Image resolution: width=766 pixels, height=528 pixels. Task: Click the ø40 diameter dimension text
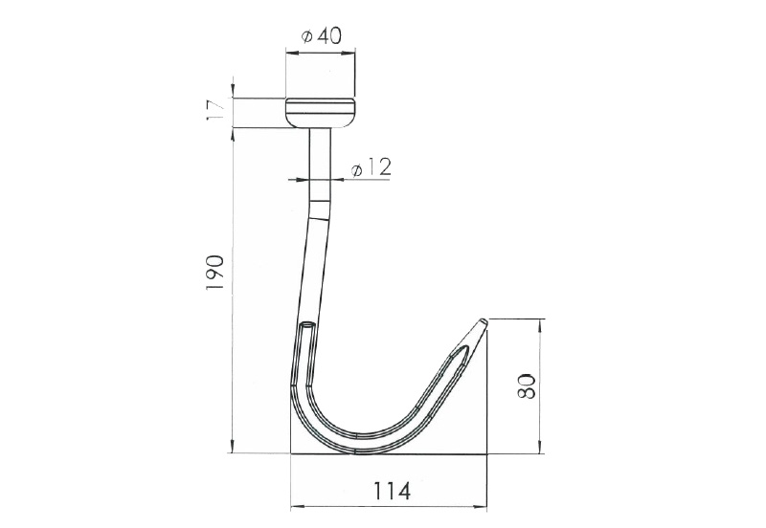(322, 36)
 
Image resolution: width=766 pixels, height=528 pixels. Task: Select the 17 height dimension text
(215, 110)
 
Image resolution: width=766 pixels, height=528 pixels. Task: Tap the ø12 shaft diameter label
(372, 167)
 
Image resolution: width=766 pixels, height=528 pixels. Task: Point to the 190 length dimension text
(214, 273)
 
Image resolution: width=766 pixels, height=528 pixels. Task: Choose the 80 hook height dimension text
(526, 386)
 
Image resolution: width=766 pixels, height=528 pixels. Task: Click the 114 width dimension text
(393, 491)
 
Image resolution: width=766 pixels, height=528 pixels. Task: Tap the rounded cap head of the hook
(321, 113)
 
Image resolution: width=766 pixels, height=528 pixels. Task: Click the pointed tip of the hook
(483, 321)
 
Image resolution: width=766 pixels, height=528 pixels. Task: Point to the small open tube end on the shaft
(307, 324)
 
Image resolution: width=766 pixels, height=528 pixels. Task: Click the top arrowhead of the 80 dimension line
(540, 324)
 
